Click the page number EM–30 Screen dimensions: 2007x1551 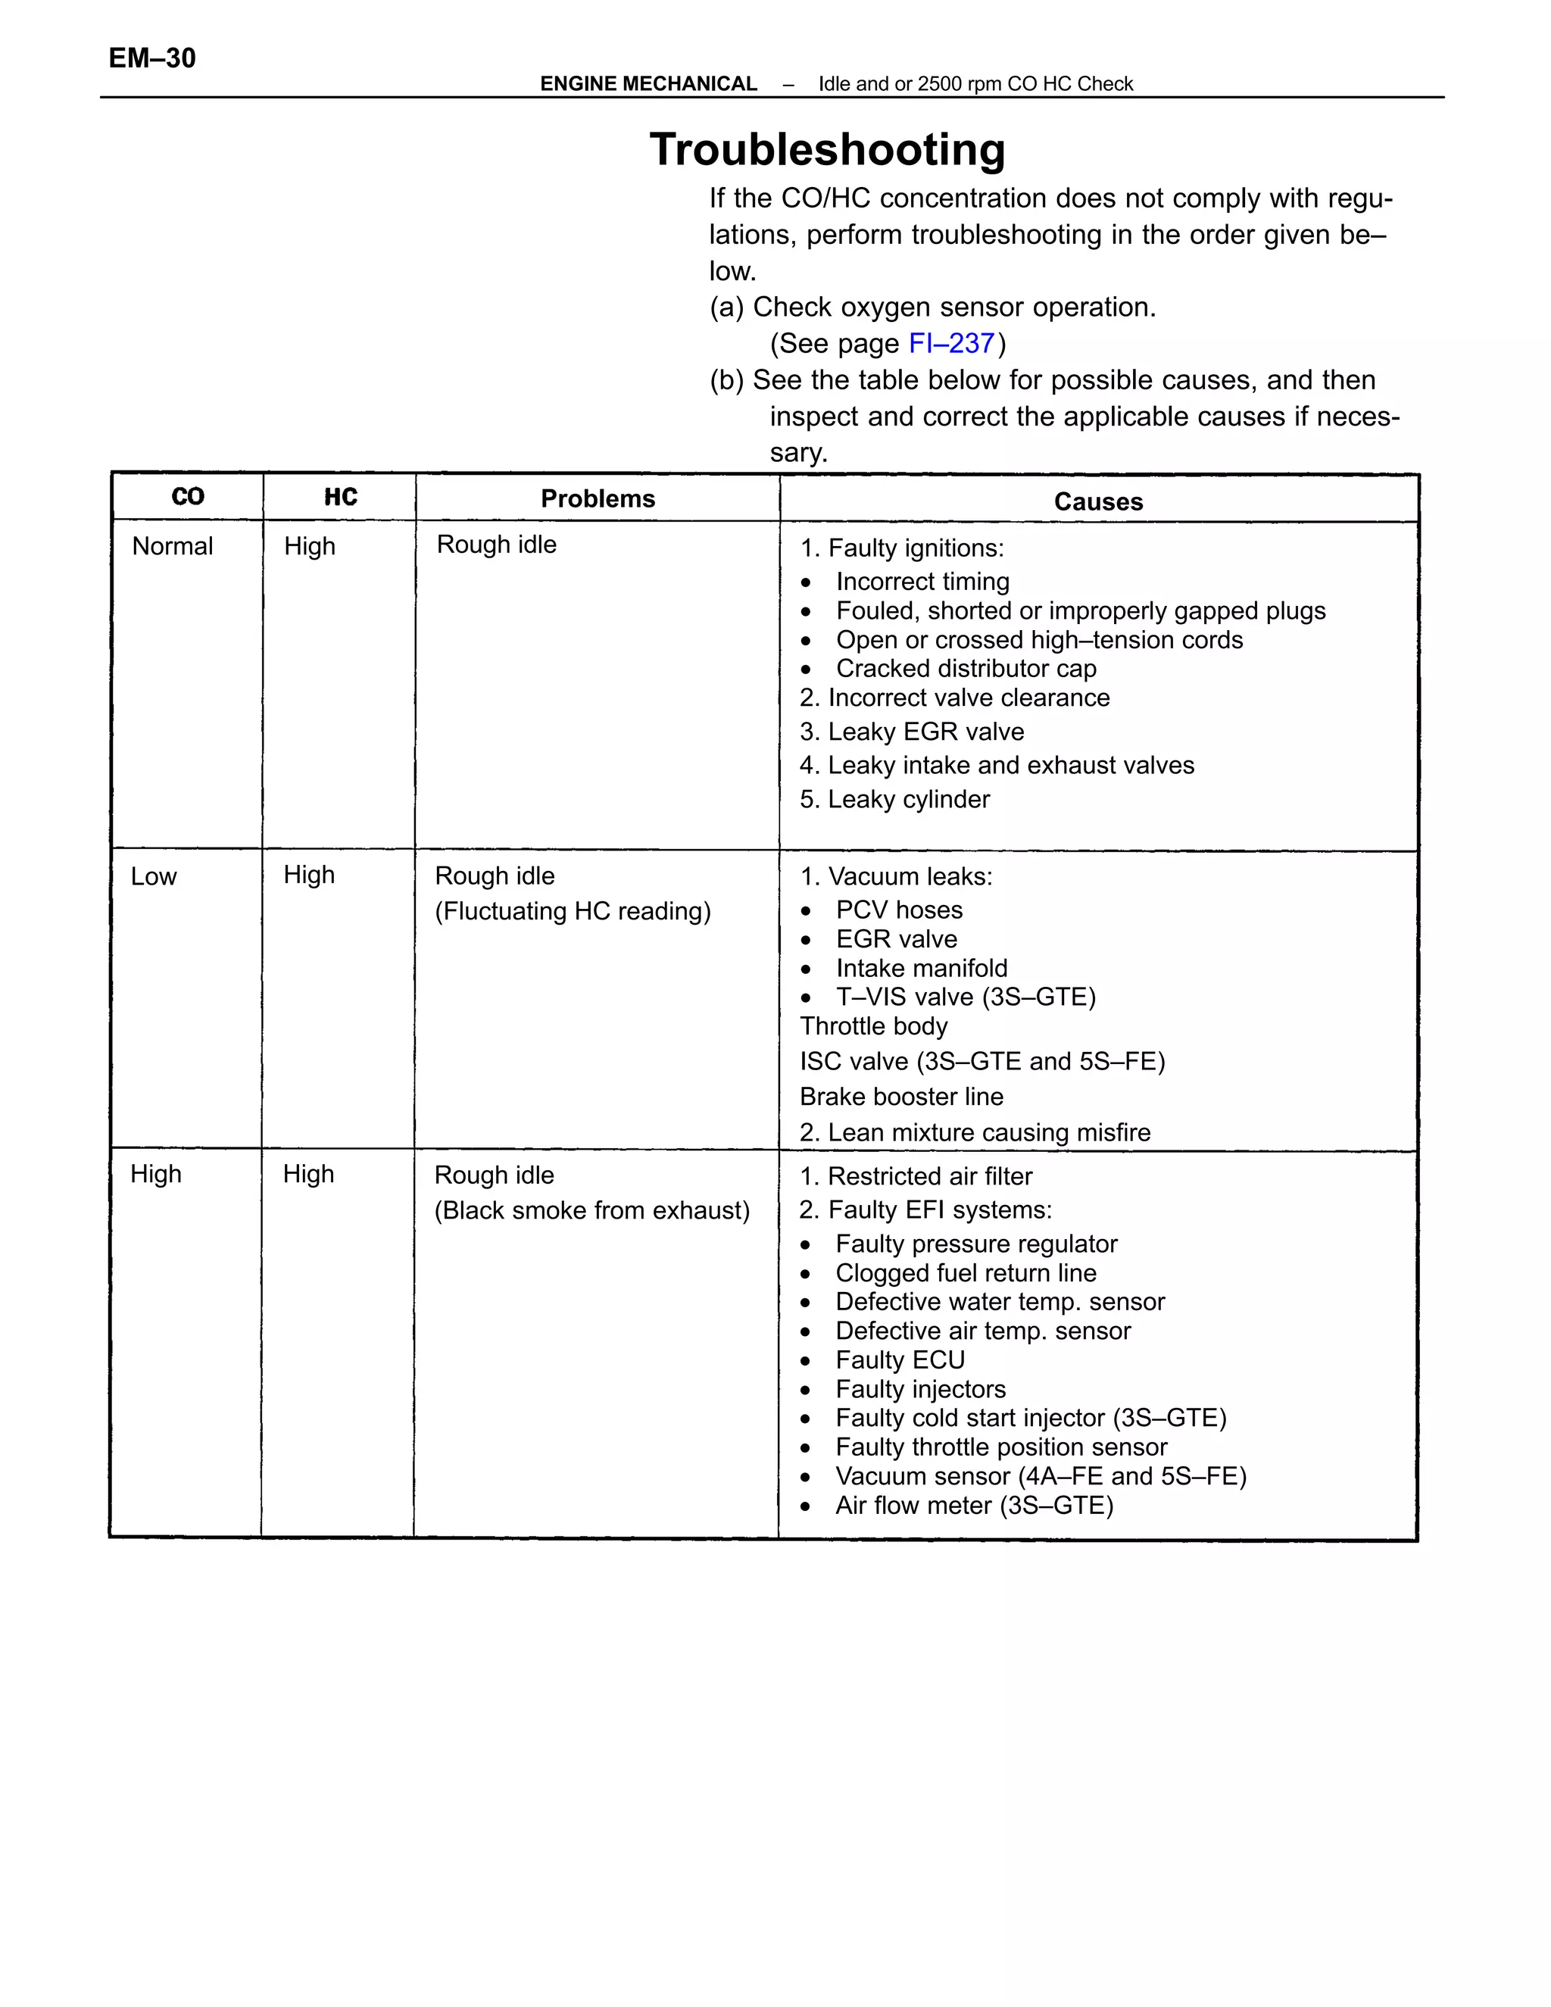pos(151,58)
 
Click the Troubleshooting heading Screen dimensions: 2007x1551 pos(827,149)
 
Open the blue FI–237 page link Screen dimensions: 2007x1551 pos(951,343)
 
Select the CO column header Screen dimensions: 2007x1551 pos(188,497)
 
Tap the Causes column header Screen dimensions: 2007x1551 pos(1098,501)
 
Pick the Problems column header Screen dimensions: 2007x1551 pos(598,499)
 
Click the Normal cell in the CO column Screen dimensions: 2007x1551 pos(173,546)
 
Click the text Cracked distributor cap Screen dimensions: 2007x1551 pos(965,668)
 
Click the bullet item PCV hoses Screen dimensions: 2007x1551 pos(899,910)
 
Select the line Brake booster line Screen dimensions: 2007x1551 pos(900,1097)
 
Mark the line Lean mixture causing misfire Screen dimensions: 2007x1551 pos(974,1132)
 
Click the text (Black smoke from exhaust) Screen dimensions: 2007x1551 pos(591,1210)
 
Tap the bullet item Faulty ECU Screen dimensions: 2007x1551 pos(900,1360)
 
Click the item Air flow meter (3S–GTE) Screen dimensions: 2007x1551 pos(974,1506)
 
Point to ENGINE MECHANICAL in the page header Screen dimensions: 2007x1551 pos(648,83)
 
